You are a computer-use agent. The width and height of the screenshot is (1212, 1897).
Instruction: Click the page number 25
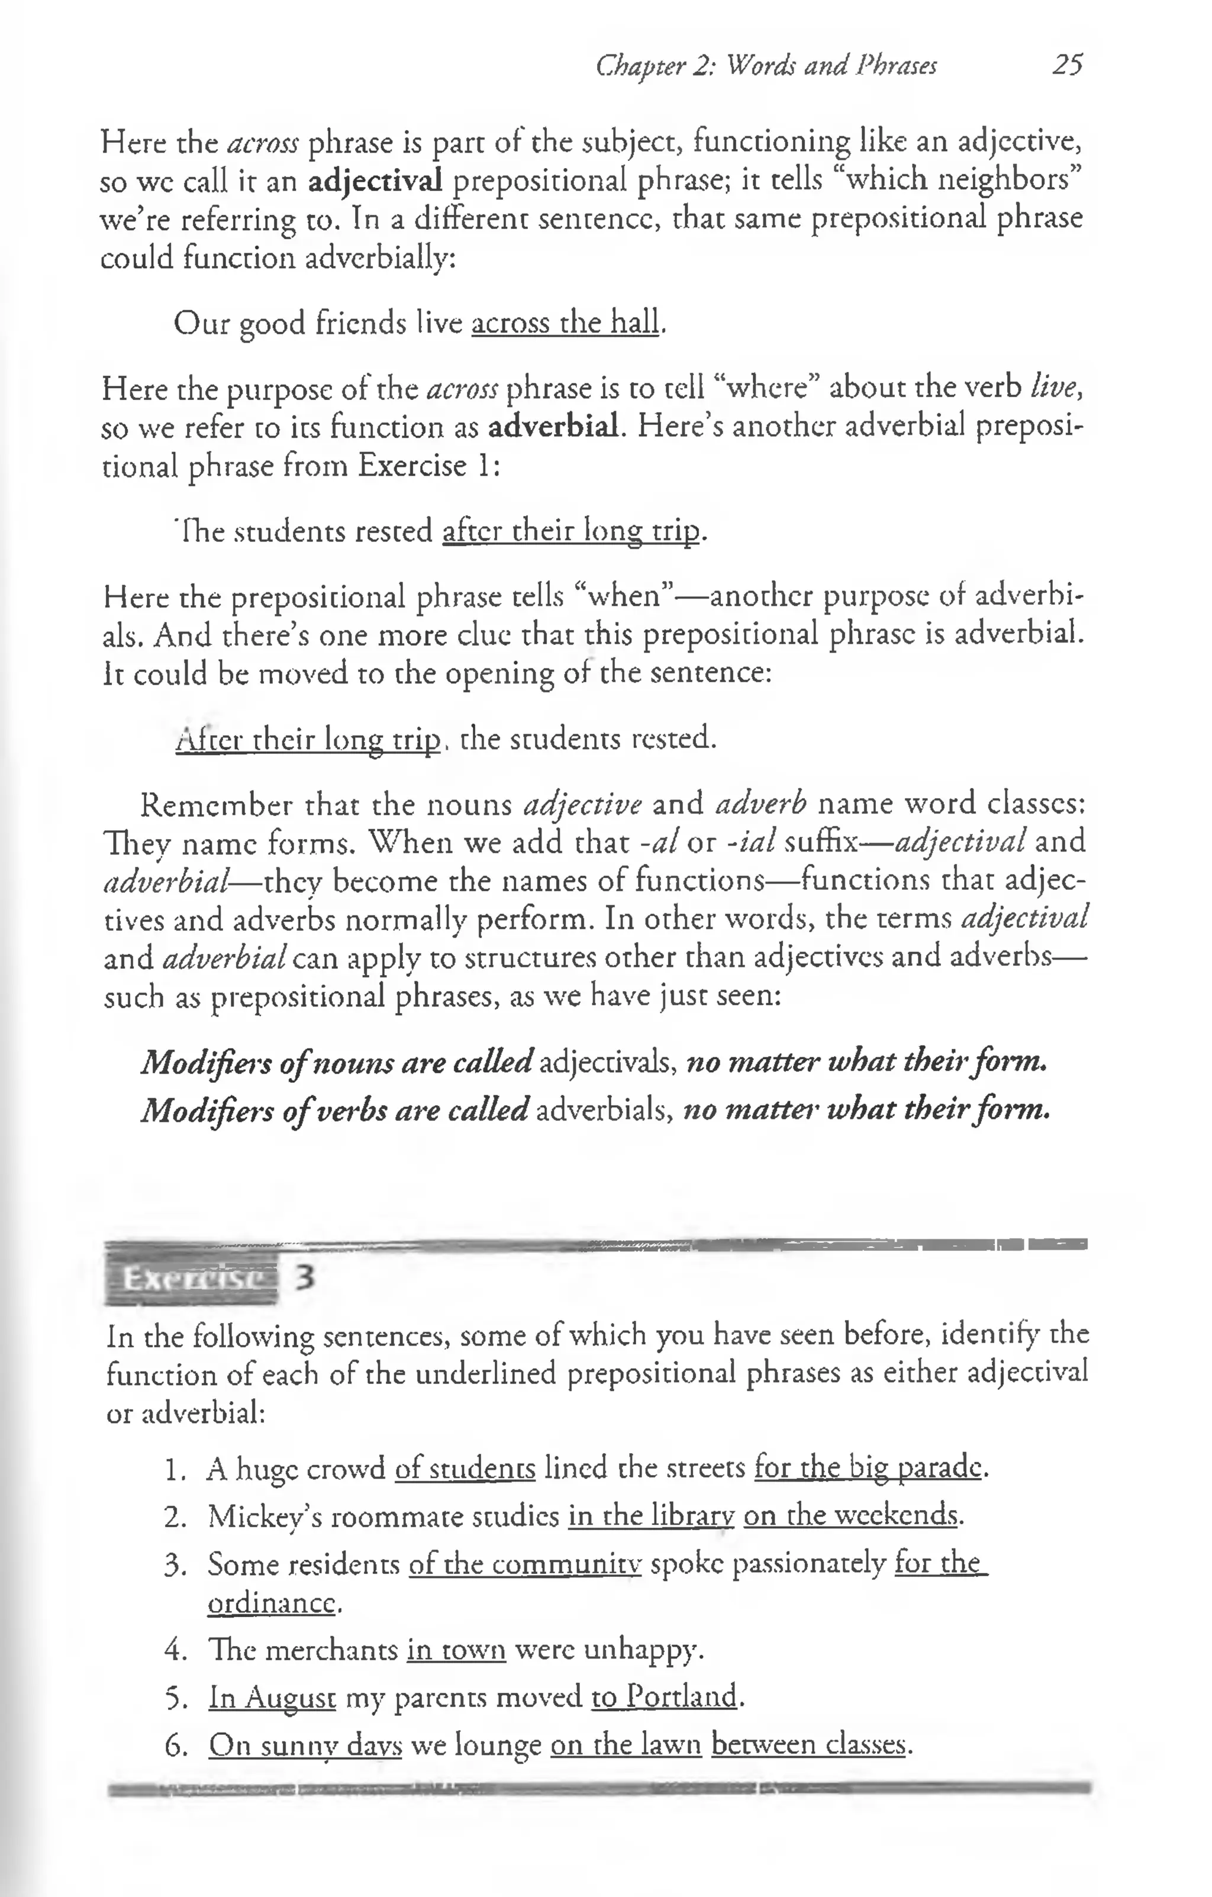pos(1067,64)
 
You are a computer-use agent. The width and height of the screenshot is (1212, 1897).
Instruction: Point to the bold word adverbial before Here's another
pos(552,427)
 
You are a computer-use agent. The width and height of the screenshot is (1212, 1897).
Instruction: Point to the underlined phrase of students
pos(465,1469)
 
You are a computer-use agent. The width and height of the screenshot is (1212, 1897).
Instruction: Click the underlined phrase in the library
pos(651,1517)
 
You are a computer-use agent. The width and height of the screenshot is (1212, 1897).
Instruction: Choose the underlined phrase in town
pos(456,1650)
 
